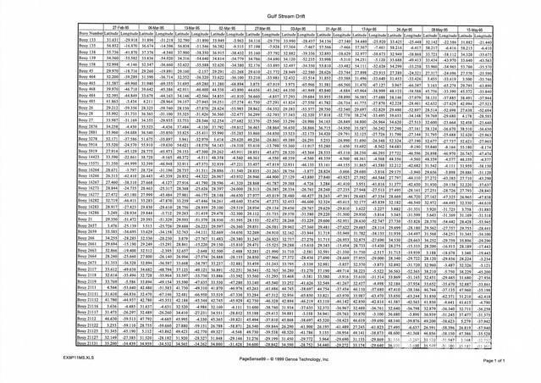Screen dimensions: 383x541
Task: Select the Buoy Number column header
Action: click(x=71, y=32)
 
